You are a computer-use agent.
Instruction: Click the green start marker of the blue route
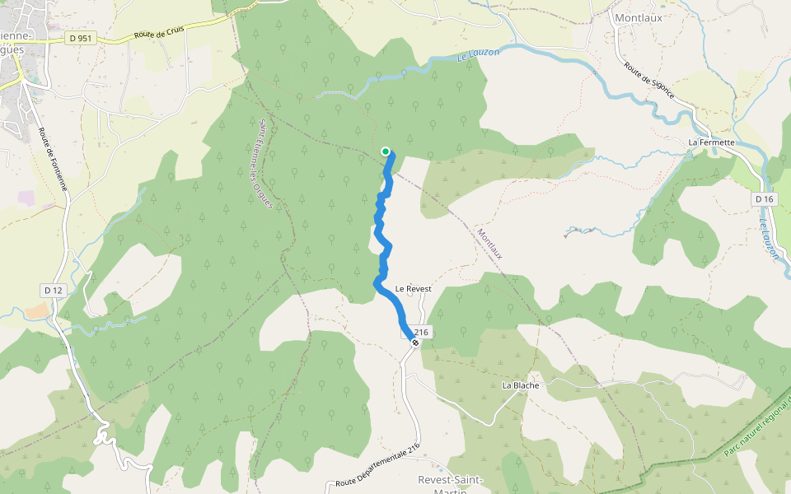point(385,151)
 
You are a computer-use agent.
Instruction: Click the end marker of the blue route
point(415,343)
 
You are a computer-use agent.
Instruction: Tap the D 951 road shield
point(79,38)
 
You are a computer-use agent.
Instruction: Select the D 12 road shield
point(53,290)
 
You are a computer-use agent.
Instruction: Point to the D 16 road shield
point(765,199)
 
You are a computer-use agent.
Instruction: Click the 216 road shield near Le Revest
point(419,331)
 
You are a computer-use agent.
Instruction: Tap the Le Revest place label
point(414,289)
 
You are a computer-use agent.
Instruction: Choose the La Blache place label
point(520,385)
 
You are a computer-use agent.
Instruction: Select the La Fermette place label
point(710,142)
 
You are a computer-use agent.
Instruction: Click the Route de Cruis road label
point(161,32)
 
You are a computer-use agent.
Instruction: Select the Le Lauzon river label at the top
point(478,55)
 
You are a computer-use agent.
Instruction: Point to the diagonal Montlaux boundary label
point(489,245)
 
